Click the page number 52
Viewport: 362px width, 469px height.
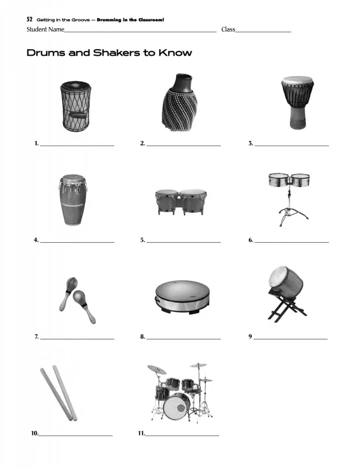click(29, 19)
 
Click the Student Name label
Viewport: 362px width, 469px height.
click(45, 29)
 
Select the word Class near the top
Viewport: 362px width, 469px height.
click(228, 29)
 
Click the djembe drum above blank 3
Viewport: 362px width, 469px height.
click(298, 103)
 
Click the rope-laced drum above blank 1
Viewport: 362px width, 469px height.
click(76, 106)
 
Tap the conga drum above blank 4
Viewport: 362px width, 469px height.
click(73, 200)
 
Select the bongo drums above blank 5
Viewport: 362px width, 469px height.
click(180, 202)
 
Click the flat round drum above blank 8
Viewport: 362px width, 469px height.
click(182, 297)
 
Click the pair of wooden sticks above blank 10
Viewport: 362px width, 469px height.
click(59, 393)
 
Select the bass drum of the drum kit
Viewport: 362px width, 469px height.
click(176, 406)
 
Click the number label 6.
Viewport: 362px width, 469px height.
click(251, 240)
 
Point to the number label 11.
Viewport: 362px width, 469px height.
click(141, 433)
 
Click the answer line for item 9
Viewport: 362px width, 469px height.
click(291, 339)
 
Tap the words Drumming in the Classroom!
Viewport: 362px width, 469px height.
click(131, 20)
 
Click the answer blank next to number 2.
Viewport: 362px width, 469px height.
click(183, 145)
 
